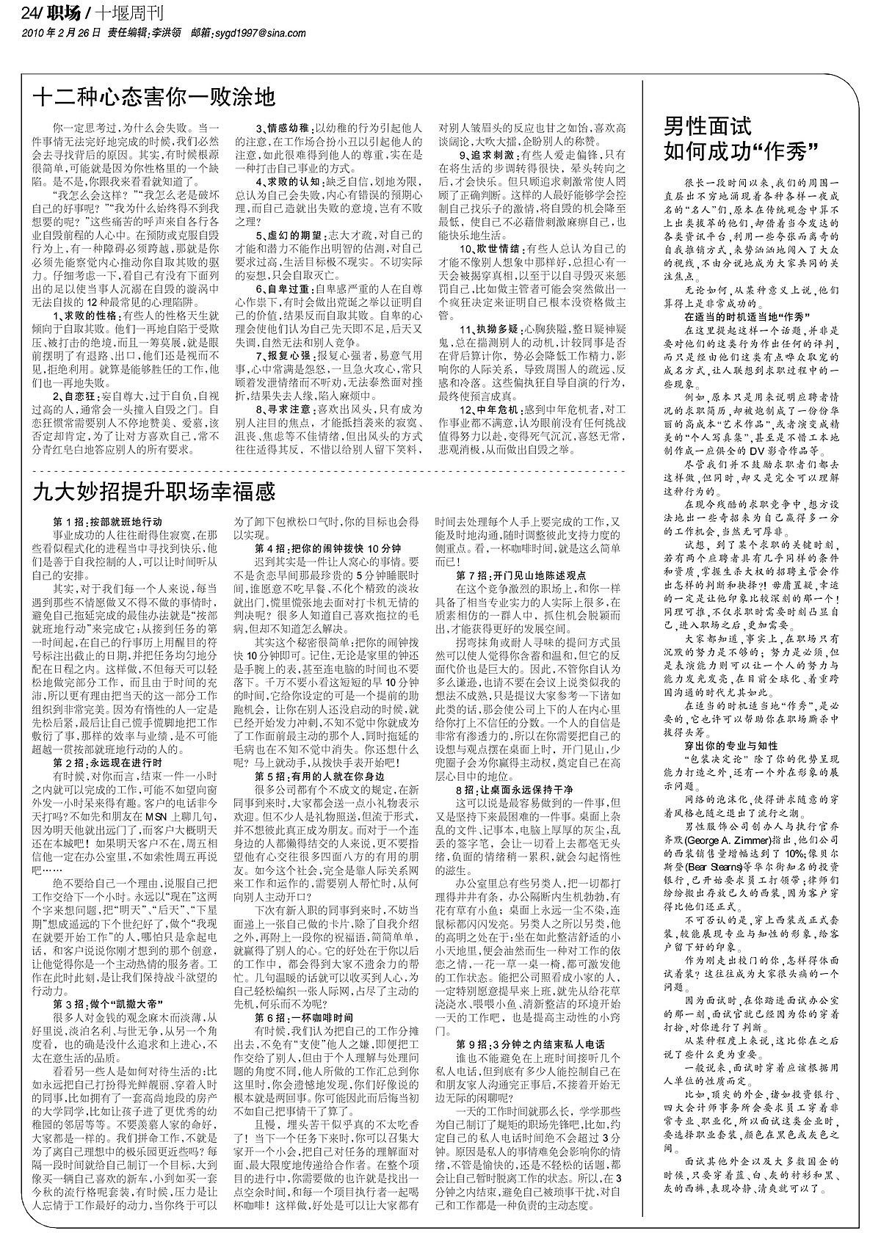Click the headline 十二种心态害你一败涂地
click(x=154, y=97)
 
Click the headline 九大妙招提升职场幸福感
click(x=154, y=491)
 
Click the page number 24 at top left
click(x=31, y=12)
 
